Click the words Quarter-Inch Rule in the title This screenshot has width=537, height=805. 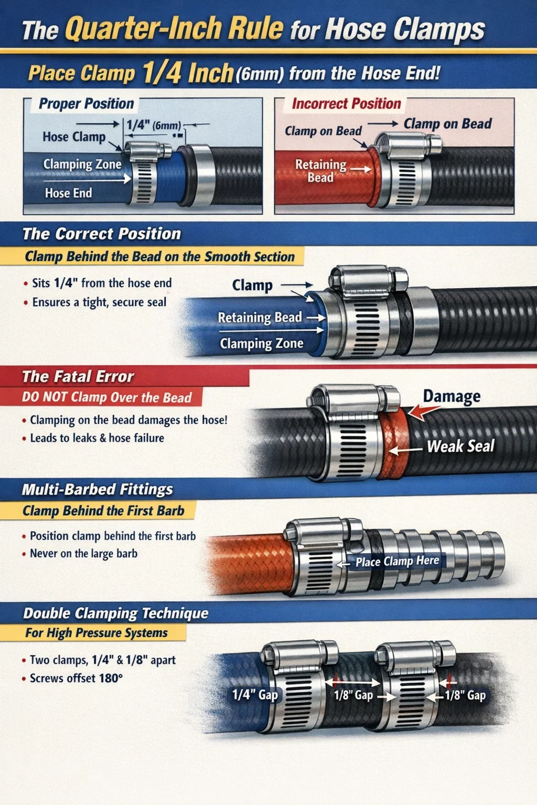pyautogui.click(x=175, y=29)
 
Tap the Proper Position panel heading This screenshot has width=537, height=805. pyautogui.click(x=87, y=104)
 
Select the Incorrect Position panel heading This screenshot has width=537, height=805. pyautogui.click(x=346, y=104)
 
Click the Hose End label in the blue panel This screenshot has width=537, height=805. pyautogui.click(x=68, y=193)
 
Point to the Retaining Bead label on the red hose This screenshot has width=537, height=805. pyautogui.click(x=320, y=171)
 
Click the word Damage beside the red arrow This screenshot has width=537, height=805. pyautogui.click(x=452, y=396)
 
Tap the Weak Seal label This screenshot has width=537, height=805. pyautogui.click(x=461, y=447)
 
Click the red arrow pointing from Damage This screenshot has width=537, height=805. pyautogui.click(x=423, y=411)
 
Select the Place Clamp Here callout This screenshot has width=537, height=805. pyautogui.click(x=397, y=561)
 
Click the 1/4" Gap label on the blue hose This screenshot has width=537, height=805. pyautogui.click(x=255, y=695)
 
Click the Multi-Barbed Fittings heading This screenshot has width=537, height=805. pyautogui.click(x=97, y=489)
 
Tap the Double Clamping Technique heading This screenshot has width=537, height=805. pyautogui.click(x=115, y=614)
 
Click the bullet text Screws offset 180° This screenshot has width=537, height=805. pyautogui.click(x=76, y=678)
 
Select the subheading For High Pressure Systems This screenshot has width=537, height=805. pyautogui.click(x=96, y=633)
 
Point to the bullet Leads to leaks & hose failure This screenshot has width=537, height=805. pyautogui.click(x=97, y=438)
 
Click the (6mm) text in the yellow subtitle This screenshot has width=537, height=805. pyautogui.click(x=260, y=74)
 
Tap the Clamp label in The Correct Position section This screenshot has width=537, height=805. pyautogui.click(x=252, y=285)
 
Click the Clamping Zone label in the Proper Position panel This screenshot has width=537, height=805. pyautogui.click(x=82, y=164)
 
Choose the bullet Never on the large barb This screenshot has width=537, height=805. pyautogui.click(x=84, y=553)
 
